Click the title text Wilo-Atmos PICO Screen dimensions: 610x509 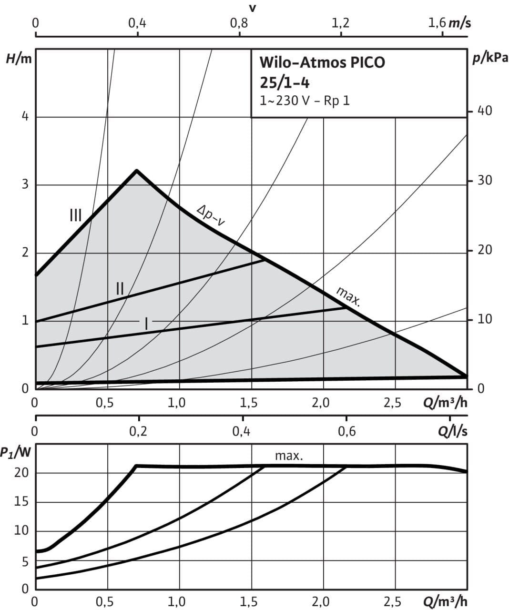coord(322,62)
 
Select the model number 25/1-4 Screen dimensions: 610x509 coord(285,82)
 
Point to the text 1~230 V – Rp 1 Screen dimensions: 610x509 coord(305,101)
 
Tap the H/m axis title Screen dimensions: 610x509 coord(18,59)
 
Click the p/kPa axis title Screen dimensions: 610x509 coord(489,59)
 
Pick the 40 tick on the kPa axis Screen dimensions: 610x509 coord(485,111)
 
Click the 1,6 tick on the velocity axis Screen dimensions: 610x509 coord(437,23)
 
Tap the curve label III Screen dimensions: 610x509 coord(75,215)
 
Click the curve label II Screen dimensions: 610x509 coord(120,288)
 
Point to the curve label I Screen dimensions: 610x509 coord(146,324)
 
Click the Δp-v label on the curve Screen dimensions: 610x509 coord(211,215)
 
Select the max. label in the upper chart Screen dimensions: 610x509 coord(348,296)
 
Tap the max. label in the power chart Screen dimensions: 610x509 coord(289,456)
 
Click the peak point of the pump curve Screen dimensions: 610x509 coord(137,170)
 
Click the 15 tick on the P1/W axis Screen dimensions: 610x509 coord(21,502)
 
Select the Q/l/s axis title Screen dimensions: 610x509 coord(452,432)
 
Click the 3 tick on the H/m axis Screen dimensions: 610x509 coord(25,185)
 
